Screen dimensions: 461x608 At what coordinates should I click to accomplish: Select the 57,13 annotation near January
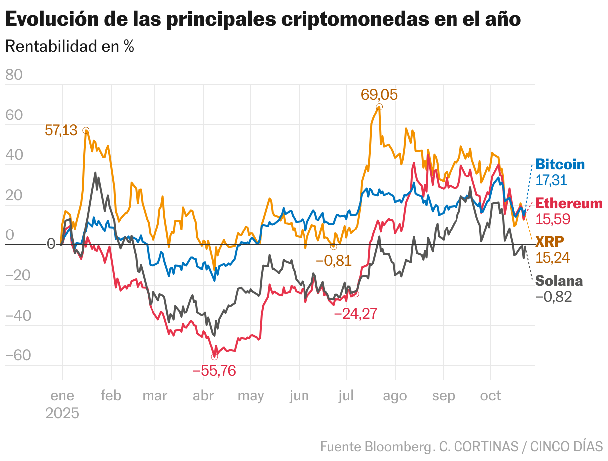61,130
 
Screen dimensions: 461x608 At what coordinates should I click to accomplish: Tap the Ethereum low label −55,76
214,371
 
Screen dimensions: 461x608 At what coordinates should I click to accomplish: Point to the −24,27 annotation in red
355,314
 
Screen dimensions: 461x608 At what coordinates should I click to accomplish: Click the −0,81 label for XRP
333,260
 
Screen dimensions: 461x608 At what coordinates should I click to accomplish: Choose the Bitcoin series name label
560,165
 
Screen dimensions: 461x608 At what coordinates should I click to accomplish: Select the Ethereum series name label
569,204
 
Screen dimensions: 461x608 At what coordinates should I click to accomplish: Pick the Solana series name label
559,281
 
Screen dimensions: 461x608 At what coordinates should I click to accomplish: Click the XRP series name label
550,242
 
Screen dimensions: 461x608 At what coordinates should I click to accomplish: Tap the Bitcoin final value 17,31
551,180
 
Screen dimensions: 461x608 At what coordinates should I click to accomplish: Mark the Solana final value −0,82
553,297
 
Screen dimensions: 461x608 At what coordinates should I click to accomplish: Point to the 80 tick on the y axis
14,75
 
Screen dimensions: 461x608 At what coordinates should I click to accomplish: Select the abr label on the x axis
203,396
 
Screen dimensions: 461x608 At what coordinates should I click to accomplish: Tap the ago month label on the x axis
395,396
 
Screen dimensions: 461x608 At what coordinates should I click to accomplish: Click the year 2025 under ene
62,413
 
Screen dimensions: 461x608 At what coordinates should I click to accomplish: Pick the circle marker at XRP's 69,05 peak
379,107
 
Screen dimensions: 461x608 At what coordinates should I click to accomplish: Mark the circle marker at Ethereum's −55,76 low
214,357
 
